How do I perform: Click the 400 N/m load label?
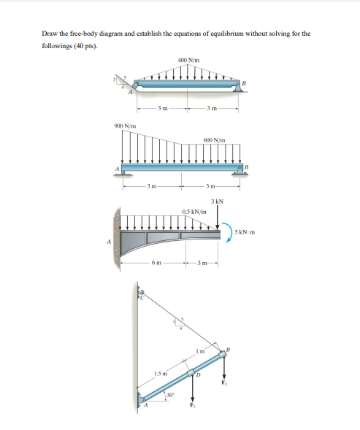188,60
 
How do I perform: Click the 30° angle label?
170,395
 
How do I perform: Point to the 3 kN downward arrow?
217,217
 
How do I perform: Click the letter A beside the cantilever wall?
109,242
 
